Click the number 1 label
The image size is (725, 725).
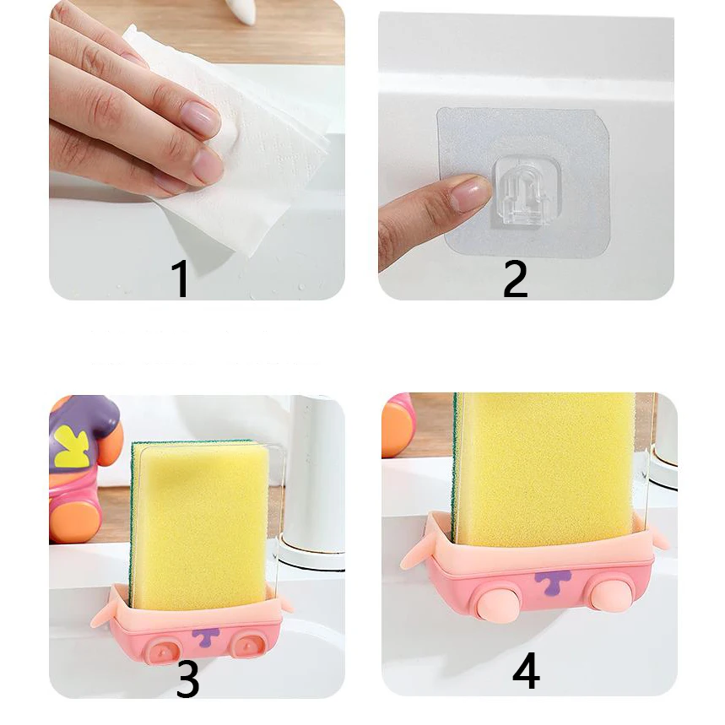(180, 279)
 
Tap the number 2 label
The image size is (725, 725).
(515, 279)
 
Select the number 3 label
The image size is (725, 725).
(187, 679)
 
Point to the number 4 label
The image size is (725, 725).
(525, 673)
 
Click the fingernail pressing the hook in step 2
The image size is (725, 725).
(469, 194)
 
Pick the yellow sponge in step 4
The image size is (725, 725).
(544, 464)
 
